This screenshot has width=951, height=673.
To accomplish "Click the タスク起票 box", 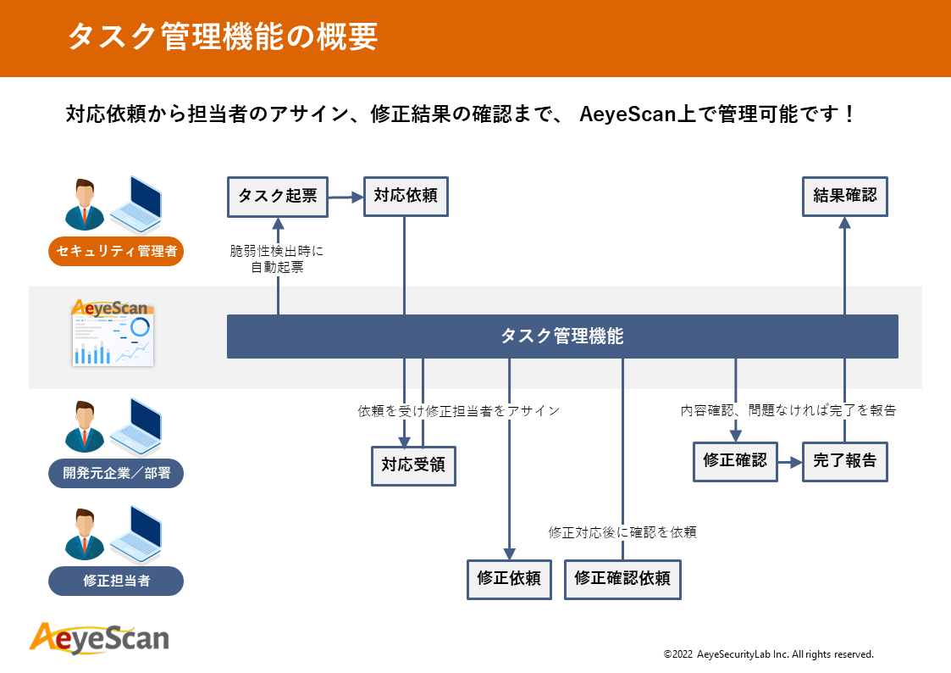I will pos(278,197).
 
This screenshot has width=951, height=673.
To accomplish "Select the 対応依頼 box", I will pos(405,197).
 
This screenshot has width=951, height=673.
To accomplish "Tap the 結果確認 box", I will pos(844,197).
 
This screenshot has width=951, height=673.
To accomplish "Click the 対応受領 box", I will pos(413,465).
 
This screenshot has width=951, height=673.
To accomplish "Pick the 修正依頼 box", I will pos(509,579).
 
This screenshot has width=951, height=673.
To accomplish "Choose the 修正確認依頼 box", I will pos(622,579).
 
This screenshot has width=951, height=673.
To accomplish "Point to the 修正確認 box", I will pos(735,461).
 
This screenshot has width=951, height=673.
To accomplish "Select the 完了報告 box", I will pos(844,461).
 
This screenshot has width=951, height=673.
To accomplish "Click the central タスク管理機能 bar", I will pos(562,336).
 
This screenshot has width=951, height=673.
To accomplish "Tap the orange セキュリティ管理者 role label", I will pos(116,252).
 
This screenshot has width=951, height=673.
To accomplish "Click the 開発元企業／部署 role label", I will pos(116,473).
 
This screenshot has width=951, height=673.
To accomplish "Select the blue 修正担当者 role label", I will pos(116,581).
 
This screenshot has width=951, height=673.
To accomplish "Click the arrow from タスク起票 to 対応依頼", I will pos(346,197).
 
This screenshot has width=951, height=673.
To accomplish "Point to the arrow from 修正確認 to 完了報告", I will pos(790,462).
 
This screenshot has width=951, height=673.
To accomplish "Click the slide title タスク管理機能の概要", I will pos(222,37).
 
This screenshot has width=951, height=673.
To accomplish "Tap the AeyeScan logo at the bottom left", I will pos(99,637).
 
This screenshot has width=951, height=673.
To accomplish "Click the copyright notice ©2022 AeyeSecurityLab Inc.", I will pos(768,654).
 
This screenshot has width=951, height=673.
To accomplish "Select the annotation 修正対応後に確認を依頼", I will pos(622,532).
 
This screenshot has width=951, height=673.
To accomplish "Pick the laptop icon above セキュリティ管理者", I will pos(135,205).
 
